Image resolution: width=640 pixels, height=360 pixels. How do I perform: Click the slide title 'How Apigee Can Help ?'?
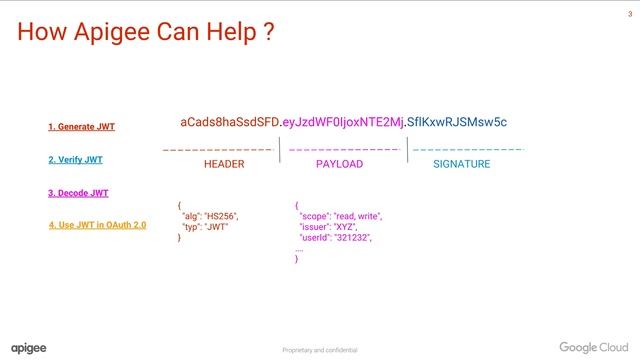point(146,33)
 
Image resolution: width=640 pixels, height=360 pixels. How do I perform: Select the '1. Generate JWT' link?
point(81,127)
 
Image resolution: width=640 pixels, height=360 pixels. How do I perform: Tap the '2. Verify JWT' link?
point(75,159)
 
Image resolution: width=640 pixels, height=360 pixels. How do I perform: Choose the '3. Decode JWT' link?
point(78,192)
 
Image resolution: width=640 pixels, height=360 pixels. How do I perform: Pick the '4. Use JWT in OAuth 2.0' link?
point(98,225)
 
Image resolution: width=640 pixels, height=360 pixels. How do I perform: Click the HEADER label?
point(223,164)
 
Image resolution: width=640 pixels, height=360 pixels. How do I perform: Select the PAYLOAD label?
point(339,164)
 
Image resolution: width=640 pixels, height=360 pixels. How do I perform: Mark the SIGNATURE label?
point(461,164)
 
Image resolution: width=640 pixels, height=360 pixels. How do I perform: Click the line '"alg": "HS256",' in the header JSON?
point(210,216)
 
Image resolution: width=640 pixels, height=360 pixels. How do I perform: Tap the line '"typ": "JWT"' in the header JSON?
point(205,227)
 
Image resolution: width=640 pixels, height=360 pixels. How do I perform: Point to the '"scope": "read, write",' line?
point(340,216)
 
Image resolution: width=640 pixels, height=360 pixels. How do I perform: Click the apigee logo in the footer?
point(29,347)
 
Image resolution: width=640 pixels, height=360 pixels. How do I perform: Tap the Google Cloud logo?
point(592,347)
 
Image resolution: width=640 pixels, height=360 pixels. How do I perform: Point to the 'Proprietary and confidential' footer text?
point(319,350)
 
